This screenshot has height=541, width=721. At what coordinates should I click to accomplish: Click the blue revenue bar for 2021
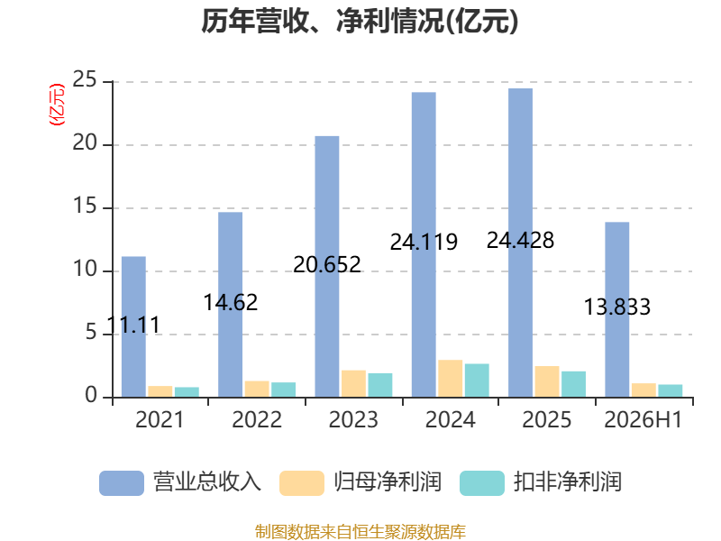[x=133, y=326]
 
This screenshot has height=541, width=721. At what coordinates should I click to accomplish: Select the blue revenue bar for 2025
[x=521, y=243]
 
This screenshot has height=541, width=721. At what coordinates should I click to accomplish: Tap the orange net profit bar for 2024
[x=450, y=378]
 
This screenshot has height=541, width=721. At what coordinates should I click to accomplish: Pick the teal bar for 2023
[x=379, y=385]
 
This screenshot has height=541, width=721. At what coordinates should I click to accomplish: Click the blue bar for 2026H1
[x=617, y=309]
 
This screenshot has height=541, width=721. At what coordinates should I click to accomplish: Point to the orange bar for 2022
[x=257, y=389]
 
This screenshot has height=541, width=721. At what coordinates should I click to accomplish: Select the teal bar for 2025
[x=573, y=384]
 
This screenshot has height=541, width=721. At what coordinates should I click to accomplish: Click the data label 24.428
[x=521, y=240]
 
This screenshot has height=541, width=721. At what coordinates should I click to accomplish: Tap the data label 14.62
[x=231, y=302]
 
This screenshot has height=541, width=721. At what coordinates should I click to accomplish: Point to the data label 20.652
[x=327, y=264]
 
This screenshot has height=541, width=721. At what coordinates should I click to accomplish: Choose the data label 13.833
[x=617, y=307]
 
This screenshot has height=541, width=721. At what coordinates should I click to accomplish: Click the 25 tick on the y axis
[x=85, y=79]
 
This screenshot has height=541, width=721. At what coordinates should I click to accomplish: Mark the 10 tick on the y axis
[x=85, y=269]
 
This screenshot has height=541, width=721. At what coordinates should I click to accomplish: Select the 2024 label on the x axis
[x=450, y=419]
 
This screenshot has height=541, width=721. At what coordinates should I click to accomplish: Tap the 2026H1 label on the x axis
[x=643, y=419]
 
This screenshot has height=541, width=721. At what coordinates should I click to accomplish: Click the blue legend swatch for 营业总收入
[x=122, y=483]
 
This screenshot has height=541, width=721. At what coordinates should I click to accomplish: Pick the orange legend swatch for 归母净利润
[x=302, y=483]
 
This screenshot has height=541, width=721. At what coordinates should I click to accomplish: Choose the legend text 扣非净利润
[x=568, y=482]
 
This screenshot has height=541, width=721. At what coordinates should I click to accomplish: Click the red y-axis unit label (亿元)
[x=57, y=105]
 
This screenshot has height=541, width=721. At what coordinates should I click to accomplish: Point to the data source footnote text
[x=360, y=532]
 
